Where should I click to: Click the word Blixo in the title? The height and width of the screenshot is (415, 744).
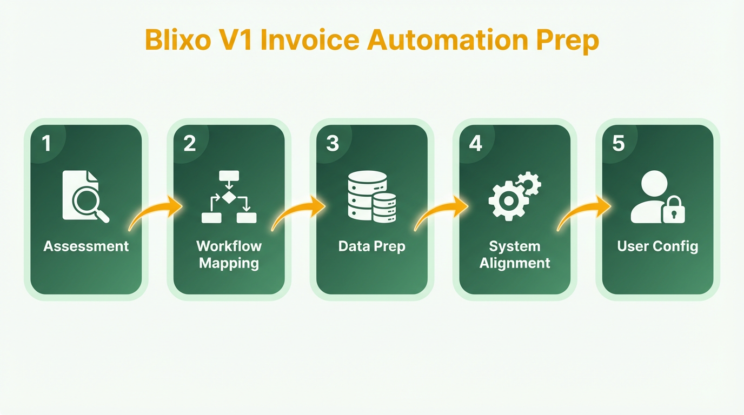[178, 40]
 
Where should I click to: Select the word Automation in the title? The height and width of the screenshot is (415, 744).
[447, 40]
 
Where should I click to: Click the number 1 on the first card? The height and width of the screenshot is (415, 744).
[46, 143]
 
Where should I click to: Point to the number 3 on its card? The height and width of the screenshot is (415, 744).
[333, 143]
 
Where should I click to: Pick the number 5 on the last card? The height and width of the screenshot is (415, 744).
[619, 143]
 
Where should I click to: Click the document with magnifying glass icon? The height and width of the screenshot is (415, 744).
[85, 196]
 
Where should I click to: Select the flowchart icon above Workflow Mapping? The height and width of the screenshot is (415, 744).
[229, 197]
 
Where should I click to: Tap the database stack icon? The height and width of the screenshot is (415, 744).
[372, 196]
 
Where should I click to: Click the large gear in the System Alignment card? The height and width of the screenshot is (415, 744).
[508, 200]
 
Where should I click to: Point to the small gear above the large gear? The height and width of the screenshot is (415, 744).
[529, 184]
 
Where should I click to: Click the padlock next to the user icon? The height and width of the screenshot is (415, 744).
[674, 210]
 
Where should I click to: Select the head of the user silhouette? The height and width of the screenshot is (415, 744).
[654, 184]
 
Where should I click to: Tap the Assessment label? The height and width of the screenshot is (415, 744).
[86, 246]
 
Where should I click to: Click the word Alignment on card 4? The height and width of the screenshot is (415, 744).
[515, 264]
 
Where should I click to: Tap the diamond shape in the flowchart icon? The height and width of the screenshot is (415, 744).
[229, 197]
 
